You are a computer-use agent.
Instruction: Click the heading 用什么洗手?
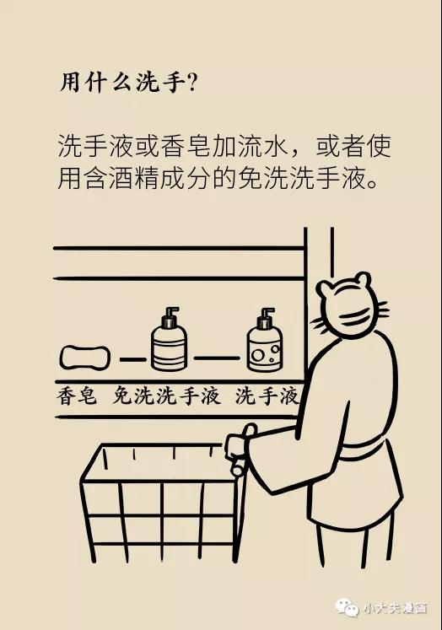pos(128,83)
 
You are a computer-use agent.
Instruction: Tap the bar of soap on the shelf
pos(85,358)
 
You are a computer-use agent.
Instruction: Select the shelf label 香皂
pos(77,396)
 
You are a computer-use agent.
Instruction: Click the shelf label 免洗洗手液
pos(166,396)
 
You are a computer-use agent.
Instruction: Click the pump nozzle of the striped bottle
pos(170,313)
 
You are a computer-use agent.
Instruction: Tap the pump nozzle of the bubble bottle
pos(266,314)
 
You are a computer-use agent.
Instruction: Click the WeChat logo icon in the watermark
pos(347,606)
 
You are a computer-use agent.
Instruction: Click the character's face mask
pos(358,315)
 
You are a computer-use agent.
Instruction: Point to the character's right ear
pos(364,277)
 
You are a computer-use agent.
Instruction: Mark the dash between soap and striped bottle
pos(133,359)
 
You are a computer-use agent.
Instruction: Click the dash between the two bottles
pos(217,358)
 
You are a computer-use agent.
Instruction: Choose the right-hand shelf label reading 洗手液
pos(267,396)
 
